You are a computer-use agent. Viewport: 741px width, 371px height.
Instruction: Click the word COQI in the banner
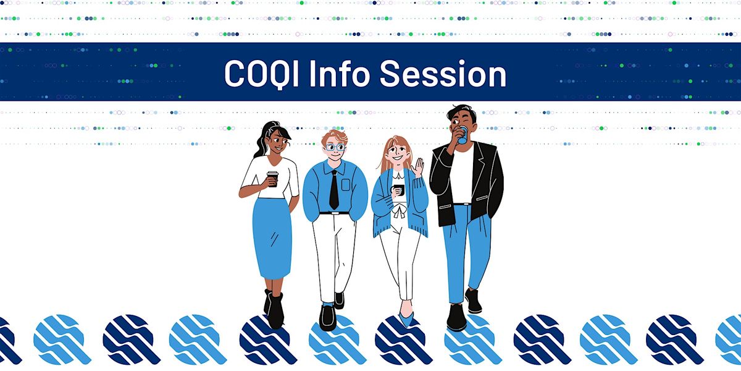pos(262,74)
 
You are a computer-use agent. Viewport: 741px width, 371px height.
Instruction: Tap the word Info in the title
pos(340,74)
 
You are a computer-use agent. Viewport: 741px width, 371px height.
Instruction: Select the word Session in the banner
pos(443,74)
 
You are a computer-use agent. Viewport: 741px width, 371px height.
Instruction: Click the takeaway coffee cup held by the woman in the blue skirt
pos(273,179)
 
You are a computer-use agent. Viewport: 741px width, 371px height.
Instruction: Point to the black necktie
pos(334,190)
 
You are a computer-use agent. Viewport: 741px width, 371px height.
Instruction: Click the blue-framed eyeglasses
pos(335,147)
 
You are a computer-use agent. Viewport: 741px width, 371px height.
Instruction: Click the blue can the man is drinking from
pos(463,135)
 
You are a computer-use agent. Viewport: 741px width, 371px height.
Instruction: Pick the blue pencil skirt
pos(272,239)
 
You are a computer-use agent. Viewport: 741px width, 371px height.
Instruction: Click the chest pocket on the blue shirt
pos(346,185)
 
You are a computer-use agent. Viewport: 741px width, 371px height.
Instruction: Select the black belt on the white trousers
pos(334,213)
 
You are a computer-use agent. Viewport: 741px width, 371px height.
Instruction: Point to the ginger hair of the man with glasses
pos(335,136)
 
